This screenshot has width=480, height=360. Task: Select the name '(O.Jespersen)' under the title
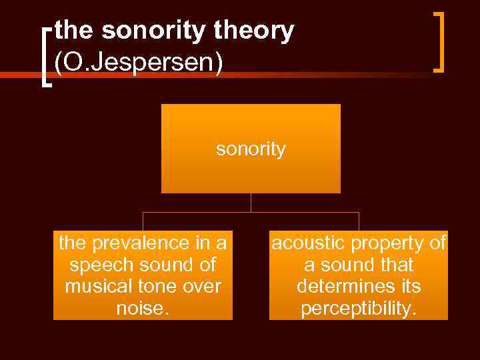139,62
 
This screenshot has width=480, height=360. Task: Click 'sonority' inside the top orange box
251,149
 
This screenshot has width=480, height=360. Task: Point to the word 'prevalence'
137,243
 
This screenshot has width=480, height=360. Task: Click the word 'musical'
96,286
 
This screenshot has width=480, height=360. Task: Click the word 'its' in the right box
406,286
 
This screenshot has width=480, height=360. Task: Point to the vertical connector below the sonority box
251,203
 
